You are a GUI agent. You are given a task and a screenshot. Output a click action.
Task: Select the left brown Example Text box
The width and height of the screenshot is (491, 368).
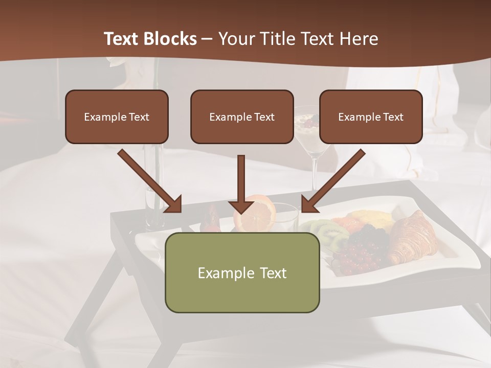pyautogui.click(x=117, y=117)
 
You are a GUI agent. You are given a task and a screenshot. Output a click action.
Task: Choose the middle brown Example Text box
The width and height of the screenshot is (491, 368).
pyautogui.click(x=242, y=117)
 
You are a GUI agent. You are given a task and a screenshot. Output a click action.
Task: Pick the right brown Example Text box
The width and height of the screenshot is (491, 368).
pyautogui.click(x=371, y=117)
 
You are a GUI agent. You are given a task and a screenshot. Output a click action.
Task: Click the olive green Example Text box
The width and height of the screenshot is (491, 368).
pyautogui.click(x=242, y=272)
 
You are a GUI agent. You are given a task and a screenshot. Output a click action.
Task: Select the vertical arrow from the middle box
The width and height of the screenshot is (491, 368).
pyautogui.click(x=241, y=184)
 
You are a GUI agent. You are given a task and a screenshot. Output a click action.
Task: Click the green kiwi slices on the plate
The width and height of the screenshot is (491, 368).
pyautogui.click(x=327, y=233)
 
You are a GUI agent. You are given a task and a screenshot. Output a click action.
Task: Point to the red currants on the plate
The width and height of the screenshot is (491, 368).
pyautogui.click(x=358, y=253)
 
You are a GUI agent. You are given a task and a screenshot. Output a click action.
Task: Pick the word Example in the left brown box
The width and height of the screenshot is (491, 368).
pyautogui.click(x=100, y=117)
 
